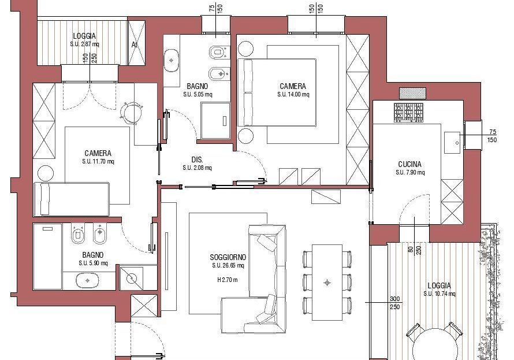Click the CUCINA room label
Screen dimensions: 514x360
pyautogui.click(x=409, y=164)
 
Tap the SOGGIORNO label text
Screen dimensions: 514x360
pyautogui.click(x=228, y=257)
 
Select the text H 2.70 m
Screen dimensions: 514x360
pyautogui.click(x=228, y=280)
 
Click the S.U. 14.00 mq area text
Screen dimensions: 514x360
pyautogui.click(x=293, y=94)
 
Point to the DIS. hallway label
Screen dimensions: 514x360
pyautogui.click(x=198, y=159)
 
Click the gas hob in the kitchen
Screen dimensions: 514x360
pyautogui.click(x=408, y=112)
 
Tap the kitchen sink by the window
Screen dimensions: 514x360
pyautogui.click(x=452, y=142)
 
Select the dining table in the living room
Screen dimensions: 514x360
pyautogui.click(x=327, y=283)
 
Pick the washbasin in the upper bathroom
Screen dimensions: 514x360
pyautogui.click(x=171, y=61)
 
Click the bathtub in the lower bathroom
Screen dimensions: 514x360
pyautogui.click(x=47, y=257)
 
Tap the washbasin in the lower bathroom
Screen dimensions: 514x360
pyautogui.click(x=88, y=281)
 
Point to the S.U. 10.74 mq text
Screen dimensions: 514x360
pyautogui.click(x=439, y=294)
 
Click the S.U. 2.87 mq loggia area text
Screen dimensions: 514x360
pyautogui.click(x=84, y=44)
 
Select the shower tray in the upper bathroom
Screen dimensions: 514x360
pyautogui.click(x=215, y=121)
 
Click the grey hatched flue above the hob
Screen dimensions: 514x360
pyautogui.click(x=412, y=93)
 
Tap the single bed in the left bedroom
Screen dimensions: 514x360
pyautogui.click(x=72, y=199)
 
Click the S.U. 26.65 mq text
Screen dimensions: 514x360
pyautogui.click(x=228, y=266)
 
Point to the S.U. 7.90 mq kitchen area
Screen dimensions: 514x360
pyautogui.click(x=410, y=172)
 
